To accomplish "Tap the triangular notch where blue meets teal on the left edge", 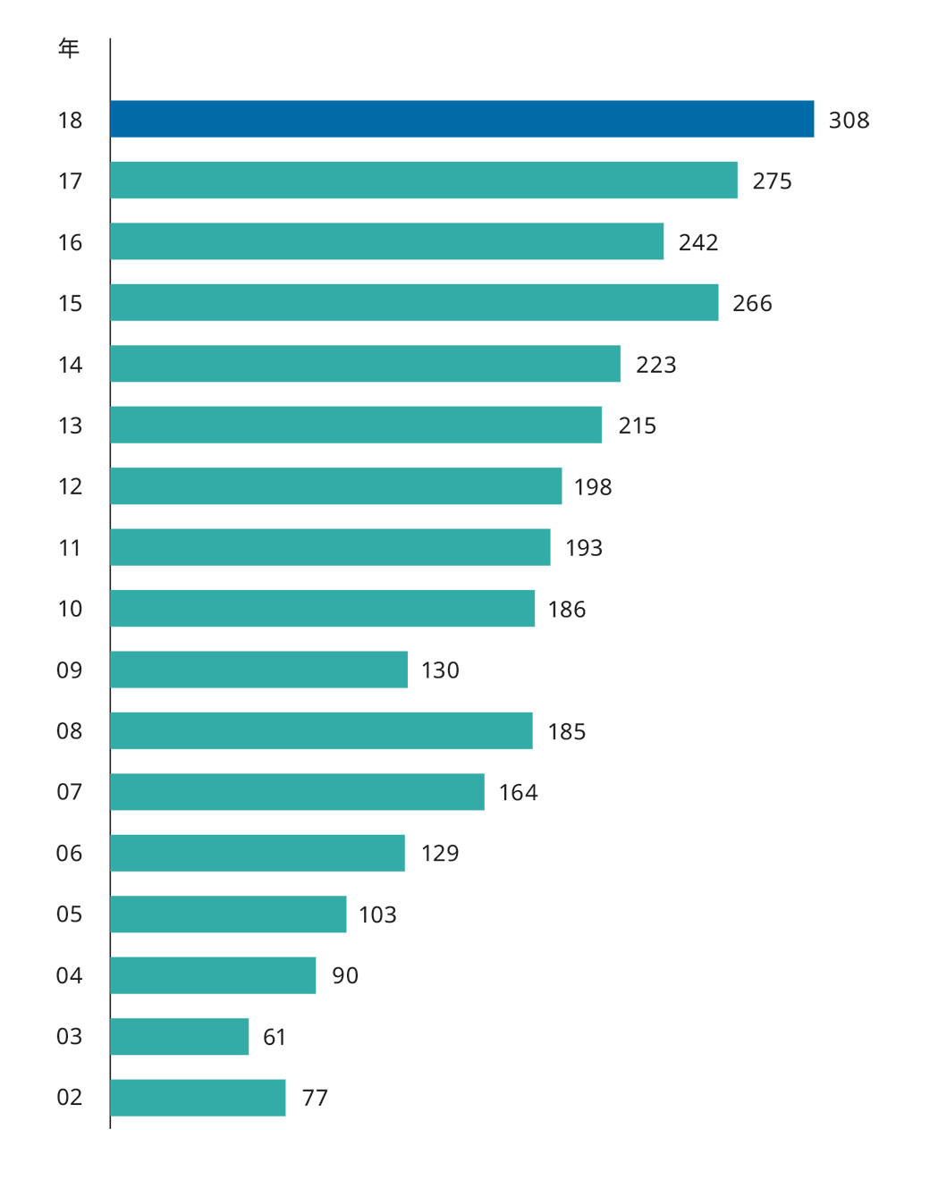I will (116, 149).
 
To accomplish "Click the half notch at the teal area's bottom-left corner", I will (115, 1121).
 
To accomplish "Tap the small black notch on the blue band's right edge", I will (824, 119).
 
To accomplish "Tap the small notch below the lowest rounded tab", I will (297, 1094).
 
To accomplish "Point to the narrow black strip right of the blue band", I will (849, 98).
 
